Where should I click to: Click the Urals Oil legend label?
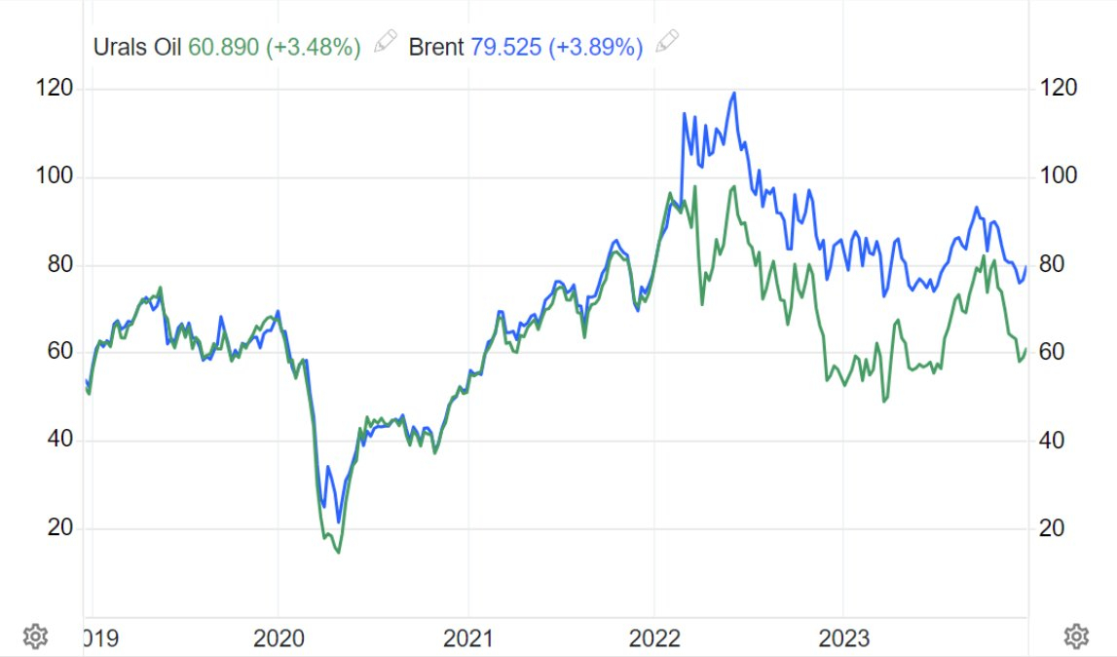136,47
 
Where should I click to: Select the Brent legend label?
435,47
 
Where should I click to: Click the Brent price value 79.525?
505,47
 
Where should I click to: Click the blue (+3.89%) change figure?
597,47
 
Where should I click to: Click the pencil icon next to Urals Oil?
386,42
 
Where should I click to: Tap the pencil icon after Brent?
667,42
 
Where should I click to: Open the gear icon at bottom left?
35,637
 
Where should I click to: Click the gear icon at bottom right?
1075,637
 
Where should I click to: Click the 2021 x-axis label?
467,638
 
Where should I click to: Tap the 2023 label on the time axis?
843,638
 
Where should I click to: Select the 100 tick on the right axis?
1058,176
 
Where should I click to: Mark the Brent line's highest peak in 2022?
733,94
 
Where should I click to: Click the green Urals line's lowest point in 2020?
338,553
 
